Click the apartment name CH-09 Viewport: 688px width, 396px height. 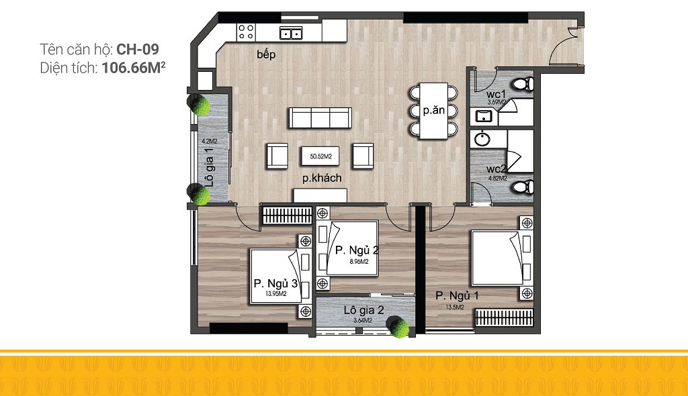[x=137, y=49]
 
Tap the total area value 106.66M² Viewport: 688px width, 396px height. [x=134, y=68]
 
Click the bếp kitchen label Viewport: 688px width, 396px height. [x=266, y=54]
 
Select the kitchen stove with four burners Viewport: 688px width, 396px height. [x=246, y=32]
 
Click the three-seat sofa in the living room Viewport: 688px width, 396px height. [x=320, y=117]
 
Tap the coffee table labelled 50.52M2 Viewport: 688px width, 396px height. [x=320, y=156]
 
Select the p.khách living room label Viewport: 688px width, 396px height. [x=322, y=178]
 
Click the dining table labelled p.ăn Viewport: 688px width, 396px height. [x=433, y=111]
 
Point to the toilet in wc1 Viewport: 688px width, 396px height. [x=523, y=83]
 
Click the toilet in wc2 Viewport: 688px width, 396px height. [x=523, y=187]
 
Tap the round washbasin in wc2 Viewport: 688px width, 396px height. [x=482, y=139]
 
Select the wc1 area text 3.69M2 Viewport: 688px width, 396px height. [x=497, y=102]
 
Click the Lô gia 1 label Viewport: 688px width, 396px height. [x=210, y=167]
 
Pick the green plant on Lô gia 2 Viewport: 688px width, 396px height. [x=398, y=327]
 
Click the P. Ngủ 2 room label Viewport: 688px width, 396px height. [x=357, y=250]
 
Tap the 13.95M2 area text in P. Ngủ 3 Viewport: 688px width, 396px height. [x=276, y=294]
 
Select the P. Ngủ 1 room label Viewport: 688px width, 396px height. [x=457, y=295]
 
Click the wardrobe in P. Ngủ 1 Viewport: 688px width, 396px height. [x=504, y=317]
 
